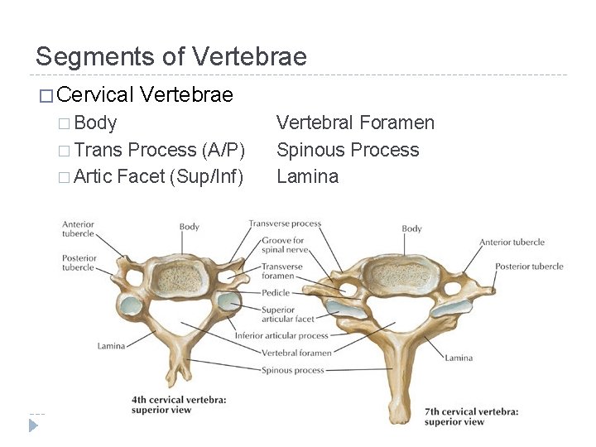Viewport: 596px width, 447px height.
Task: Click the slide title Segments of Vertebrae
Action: tap(171, 57)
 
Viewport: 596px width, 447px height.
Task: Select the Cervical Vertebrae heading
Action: tap(146, 94)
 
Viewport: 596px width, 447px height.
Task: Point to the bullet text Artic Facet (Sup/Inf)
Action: tap(158, 176)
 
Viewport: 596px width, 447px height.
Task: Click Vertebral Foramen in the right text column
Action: tap(354, 123)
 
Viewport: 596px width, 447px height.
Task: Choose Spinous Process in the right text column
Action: tap(347, 150)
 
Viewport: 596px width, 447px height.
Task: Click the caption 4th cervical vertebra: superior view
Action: tap(179, 405)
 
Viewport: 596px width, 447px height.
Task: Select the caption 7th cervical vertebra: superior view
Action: tap(471, 416)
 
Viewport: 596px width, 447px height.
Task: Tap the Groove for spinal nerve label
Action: tap(283, 245)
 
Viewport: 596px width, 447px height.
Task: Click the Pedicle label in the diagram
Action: tap(276, 293)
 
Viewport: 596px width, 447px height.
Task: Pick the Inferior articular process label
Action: tap(281, 336)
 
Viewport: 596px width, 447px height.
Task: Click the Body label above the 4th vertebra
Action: tap(190, 227)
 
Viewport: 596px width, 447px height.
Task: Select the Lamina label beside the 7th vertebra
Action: tap(459, 358)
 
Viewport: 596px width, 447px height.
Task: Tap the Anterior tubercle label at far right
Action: tap(512, 243)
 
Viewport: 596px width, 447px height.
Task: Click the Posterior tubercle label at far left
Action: tap(79, 262)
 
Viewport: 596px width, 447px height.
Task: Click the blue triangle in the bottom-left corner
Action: tap(33, 425)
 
